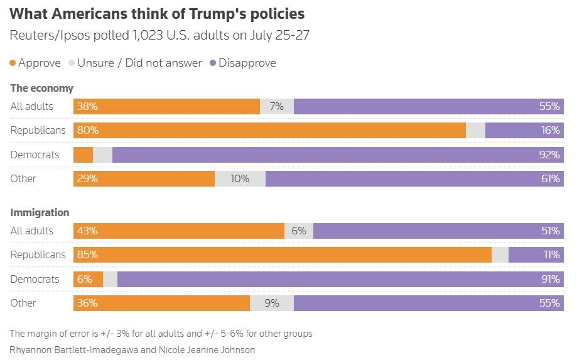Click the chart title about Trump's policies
point(157,13)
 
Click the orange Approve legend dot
point(13,63)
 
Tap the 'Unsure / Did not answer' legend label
point(139,63)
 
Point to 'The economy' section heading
point(41,88)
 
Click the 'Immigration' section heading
point(40,212)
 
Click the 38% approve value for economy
point(87,107)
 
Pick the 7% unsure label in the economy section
point(276,107)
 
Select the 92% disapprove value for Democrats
point(549,155)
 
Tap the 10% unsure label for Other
point(240,178)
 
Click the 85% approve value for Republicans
point(87,255)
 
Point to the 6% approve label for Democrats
point(85,279)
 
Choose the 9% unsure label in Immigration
point(272,303)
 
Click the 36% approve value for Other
point(87,303)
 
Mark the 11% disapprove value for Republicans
point(551,255)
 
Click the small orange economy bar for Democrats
point(83,155)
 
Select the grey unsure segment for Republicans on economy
point(475,131)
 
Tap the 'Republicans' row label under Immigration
point(38,255)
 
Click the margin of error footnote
point(161,334)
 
